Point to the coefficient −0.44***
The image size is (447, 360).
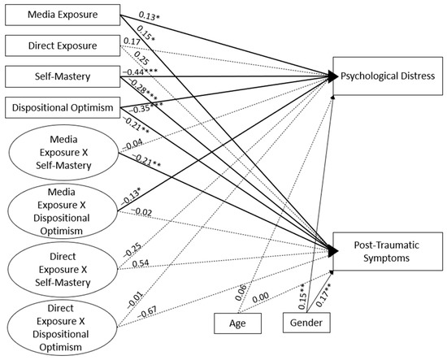(143, 72)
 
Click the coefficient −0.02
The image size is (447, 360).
(143, 212)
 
